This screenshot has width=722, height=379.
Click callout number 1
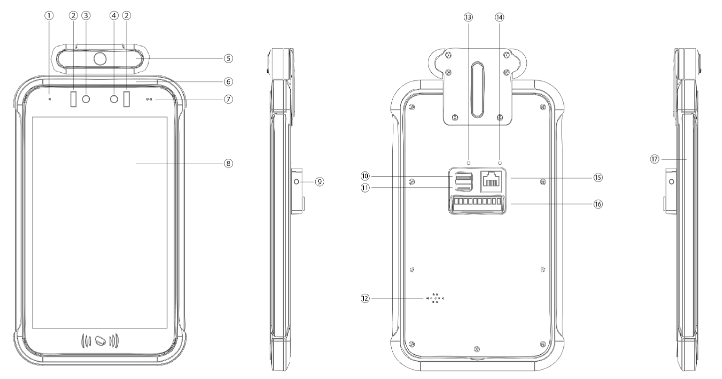[49, 15]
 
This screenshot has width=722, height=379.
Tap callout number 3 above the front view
[86, 15]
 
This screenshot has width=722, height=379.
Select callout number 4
[114, 15]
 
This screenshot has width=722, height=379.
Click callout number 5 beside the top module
[229, 58]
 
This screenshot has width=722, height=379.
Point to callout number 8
[229, 163]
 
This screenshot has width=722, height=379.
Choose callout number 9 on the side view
[319, 182]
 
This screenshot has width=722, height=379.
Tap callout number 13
[468, 17]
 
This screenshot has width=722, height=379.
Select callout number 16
[598, 204]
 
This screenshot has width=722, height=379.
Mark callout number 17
[654, 159]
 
